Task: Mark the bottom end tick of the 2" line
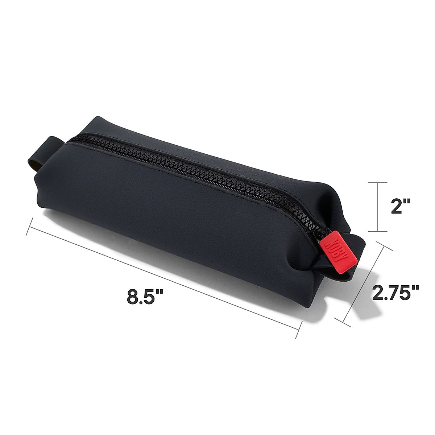coord(378,231)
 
